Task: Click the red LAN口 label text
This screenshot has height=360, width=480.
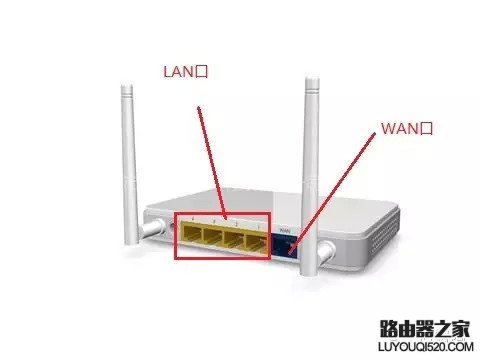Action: [x=186, y=72]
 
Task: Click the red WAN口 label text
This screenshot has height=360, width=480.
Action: [x=407, y=128]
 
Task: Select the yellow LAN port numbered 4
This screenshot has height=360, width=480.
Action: [x=191, y=234]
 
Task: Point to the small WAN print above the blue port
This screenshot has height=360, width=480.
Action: [x=285, y=230]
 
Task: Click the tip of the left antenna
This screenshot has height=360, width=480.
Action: [x=127, y=85]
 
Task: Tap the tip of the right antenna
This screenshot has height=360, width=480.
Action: [x=312, y=79]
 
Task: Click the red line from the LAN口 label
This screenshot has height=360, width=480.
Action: [x=212, y=163]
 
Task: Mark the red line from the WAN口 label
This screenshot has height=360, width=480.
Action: [x=332, y=193]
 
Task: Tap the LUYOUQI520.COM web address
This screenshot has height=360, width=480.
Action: [x=426, y=347]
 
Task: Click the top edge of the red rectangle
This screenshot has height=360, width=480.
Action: [x=222, y=213]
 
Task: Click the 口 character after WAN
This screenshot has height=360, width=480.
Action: [x=426, y=129]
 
